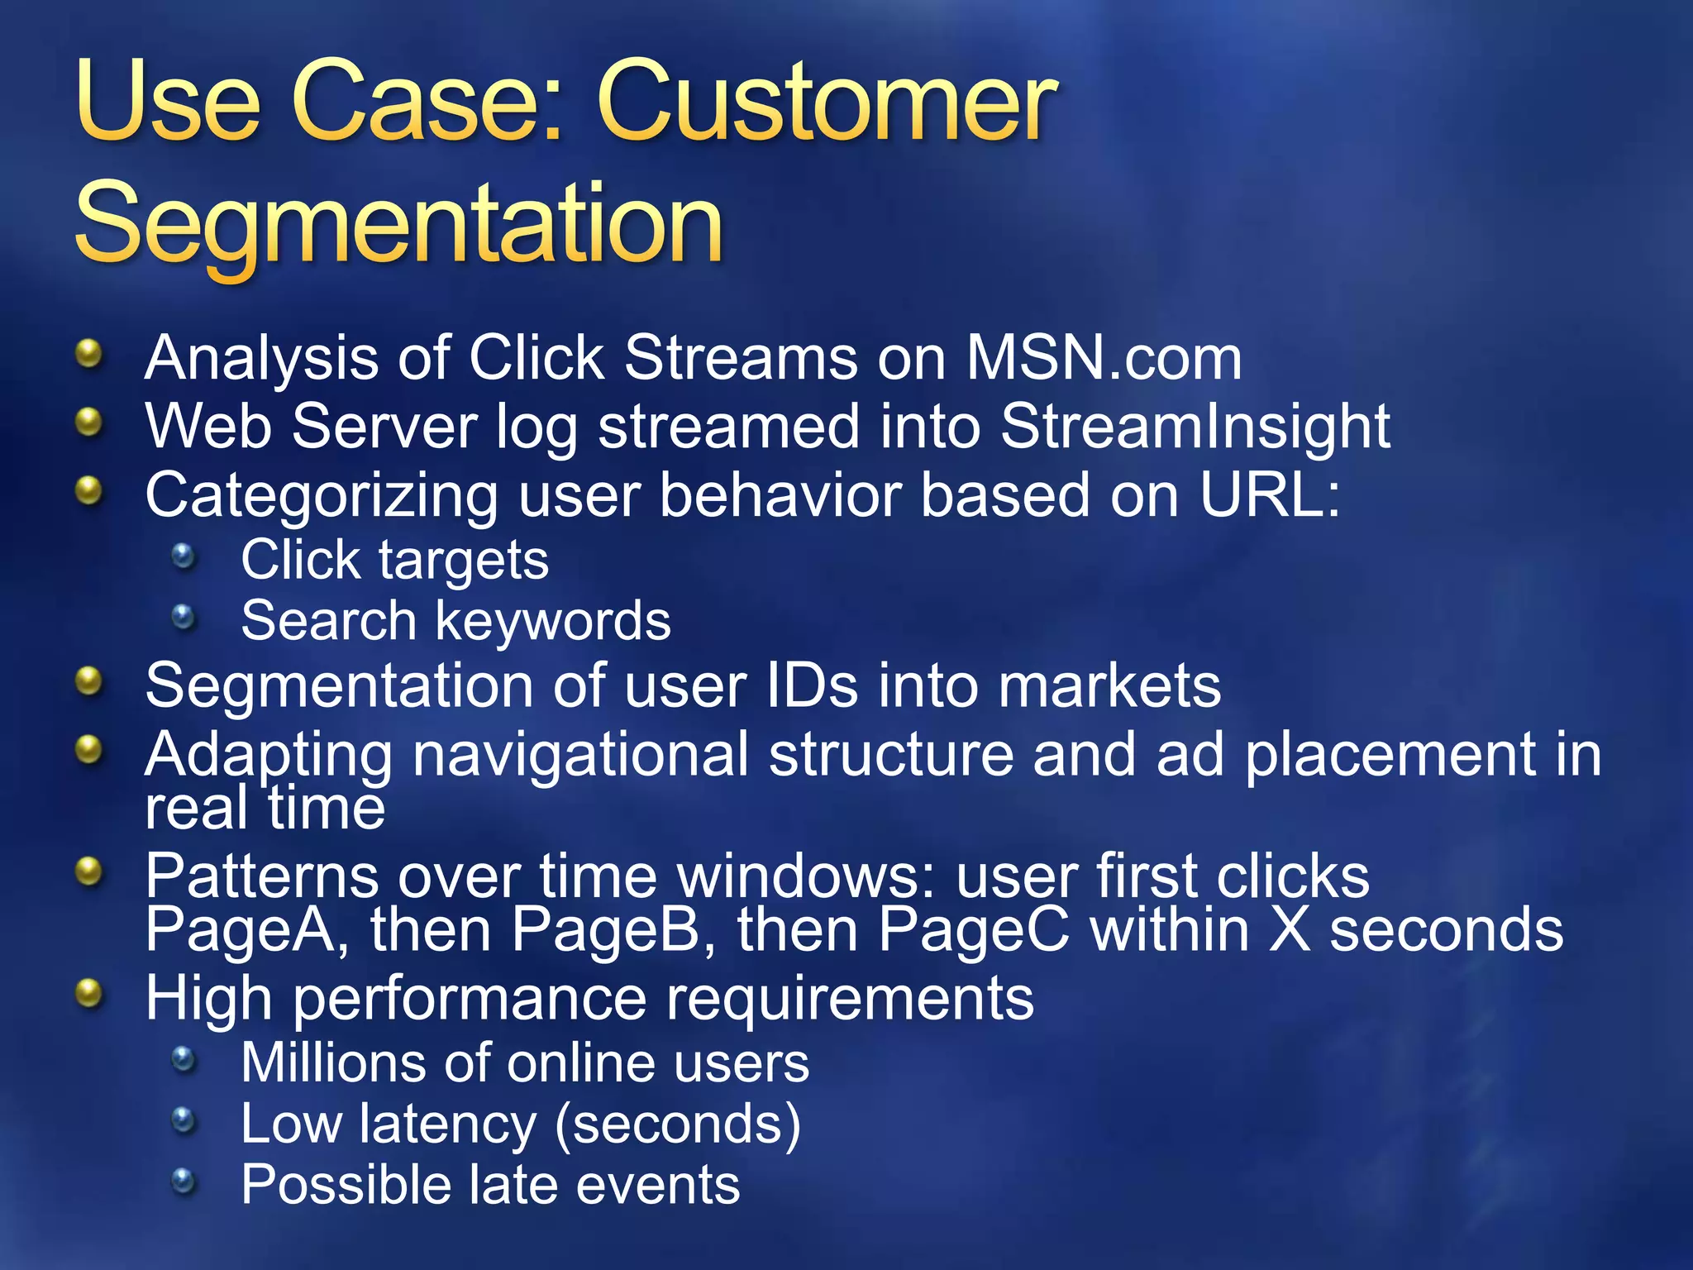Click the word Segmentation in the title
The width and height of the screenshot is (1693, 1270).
point(399,223)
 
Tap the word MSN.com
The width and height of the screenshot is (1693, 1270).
point(1104,359)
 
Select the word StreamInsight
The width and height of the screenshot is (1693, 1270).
point(1195,427)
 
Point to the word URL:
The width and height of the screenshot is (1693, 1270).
point(1270,495)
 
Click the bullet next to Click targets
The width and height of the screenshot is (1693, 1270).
point(184,556)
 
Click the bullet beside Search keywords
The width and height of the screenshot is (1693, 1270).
point(184,618)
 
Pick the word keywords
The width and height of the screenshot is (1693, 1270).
point(553,621)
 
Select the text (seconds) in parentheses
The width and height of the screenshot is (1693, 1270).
point(678,1125)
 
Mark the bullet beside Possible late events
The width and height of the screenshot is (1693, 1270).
point(184,1182)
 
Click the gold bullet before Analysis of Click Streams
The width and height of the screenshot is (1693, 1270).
point(88,355)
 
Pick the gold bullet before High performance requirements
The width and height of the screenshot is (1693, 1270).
point(88,994)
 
